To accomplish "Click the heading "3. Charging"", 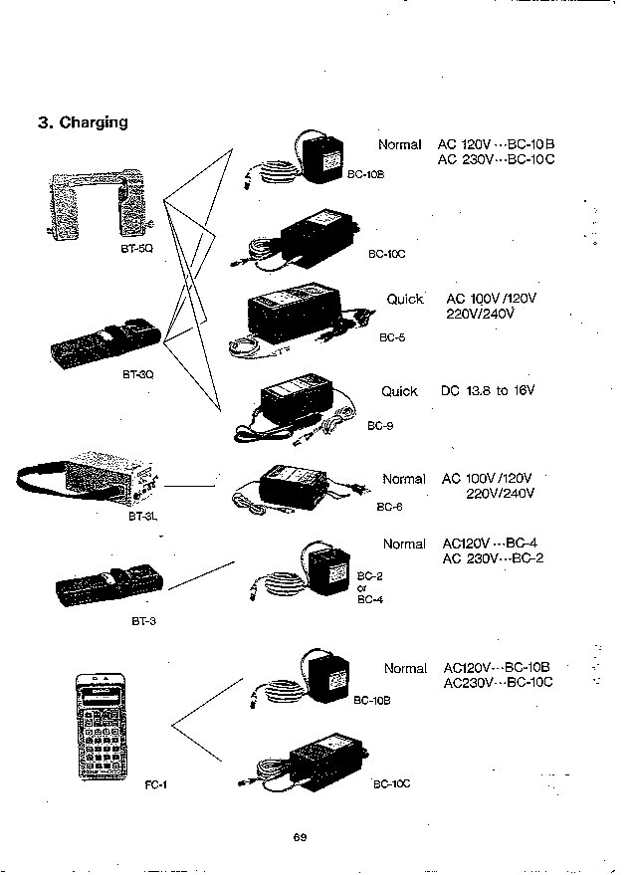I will [x=83, y=122].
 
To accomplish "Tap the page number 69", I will [x=300, y=836].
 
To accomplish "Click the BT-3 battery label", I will [x=144, y=621].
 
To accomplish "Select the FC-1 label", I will [x=155, y=783].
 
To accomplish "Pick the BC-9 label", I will [x=380, y=426].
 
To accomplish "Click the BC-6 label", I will [x=389, y=507].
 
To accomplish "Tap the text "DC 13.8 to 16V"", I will [x=488, y=391].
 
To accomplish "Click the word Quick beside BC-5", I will [x=405, y=299].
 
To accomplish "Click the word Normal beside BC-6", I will [x=404, y=479].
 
